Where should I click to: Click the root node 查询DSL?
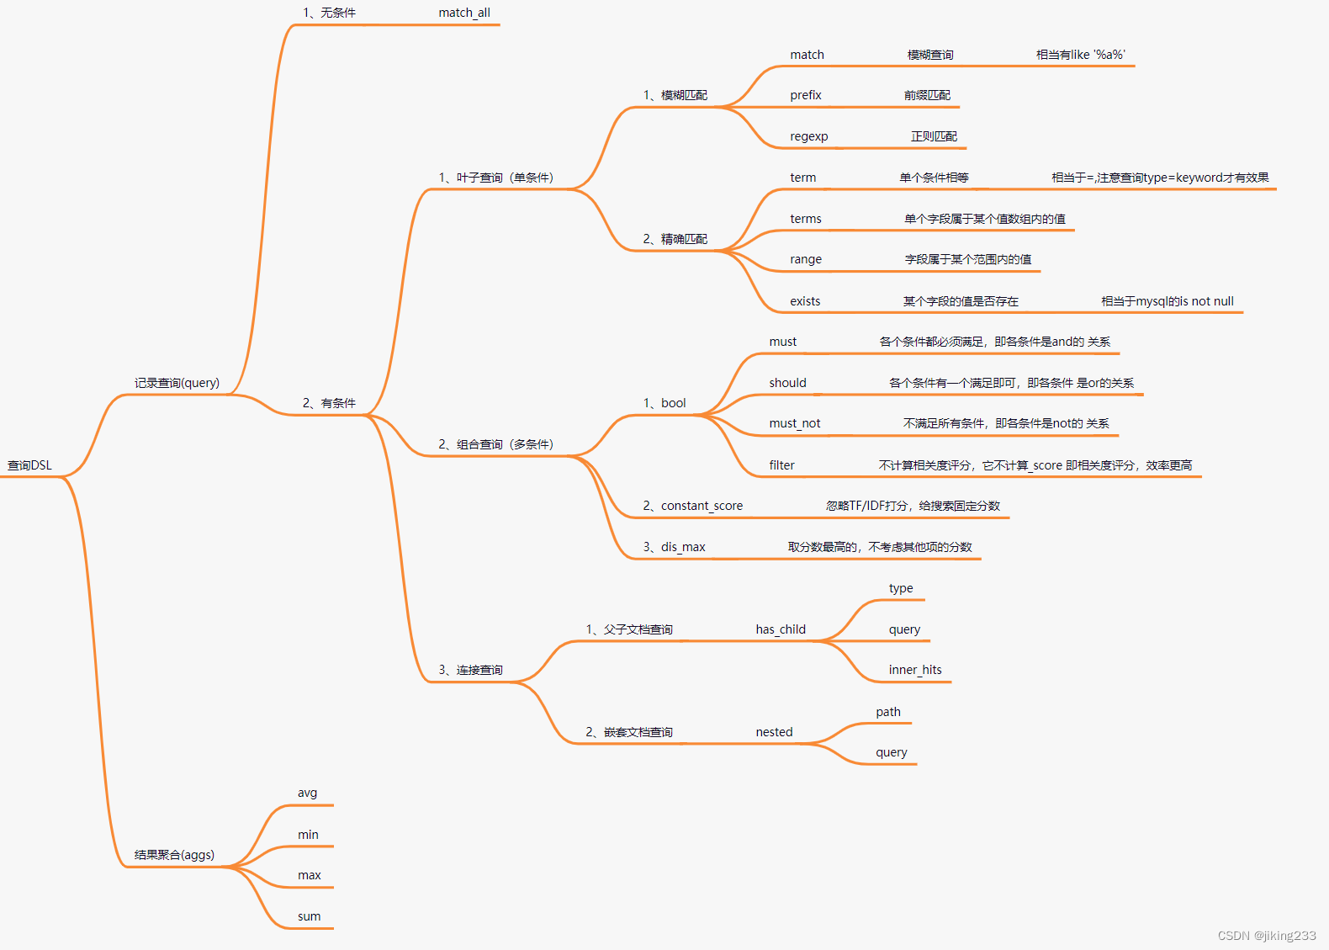[29, 465]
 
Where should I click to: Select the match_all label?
[464, 13]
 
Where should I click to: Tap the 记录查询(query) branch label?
[177, 383]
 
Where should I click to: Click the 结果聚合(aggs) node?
[174, 855]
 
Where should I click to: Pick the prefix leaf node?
[805, 95]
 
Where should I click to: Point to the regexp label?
[808, 136]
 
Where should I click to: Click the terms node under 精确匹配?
[805, 219]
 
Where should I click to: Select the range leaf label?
[805, 259]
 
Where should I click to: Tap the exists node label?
[804, 301]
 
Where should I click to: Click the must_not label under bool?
[794, 423]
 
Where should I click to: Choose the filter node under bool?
[781, 465]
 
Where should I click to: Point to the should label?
[787, 383]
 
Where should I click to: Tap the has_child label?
[780, 629]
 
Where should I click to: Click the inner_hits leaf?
[914, 670]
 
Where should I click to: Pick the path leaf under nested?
[887, 712]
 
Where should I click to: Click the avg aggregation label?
[307, 793]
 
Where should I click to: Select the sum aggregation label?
[309, 916]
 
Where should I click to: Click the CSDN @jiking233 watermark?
[1266, 936]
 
